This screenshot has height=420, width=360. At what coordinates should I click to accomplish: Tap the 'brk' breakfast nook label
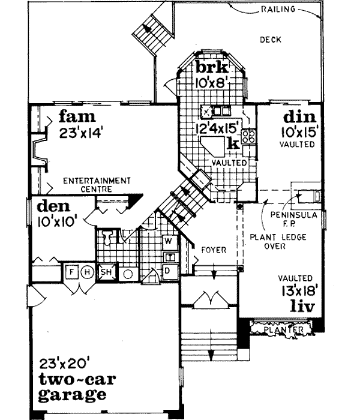point(210,67)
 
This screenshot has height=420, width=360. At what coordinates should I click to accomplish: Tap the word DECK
point(271,40)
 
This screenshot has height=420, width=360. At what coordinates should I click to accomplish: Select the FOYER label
point(212,250)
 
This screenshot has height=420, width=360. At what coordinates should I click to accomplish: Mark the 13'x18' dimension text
point(296,292)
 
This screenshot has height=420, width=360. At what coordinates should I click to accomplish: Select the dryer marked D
point(168,269)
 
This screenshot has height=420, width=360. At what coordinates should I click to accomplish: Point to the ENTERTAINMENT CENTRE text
point(97,184)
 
